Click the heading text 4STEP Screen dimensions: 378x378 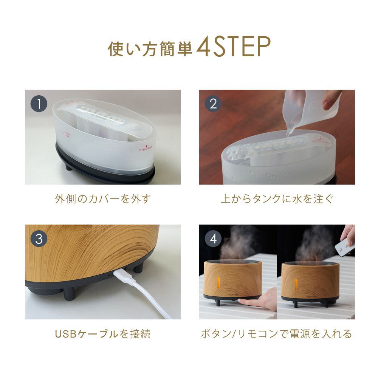click(x=234, y=47)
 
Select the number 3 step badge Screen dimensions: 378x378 click(x=40, y=239)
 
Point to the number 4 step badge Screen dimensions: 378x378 click(x=214, y=239)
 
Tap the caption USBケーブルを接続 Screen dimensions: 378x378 click(x=103, y=334)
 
